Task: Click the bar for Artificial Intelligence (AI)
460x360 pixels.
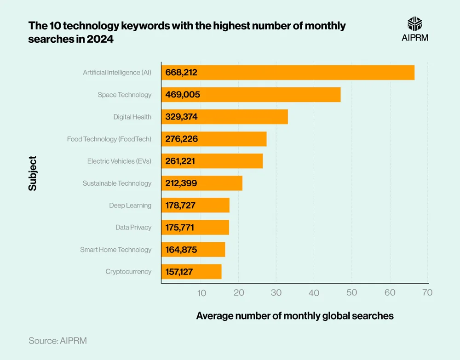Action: click(287, 73)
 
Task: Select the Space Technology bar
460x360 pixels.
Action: click(251, 95)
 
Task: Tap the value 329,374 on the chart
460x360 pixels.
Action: click(181, 117)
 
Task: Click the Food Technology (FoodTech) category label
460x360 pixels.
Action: click(109, 139)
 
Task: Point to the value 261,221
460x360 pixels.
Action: click(181, 161)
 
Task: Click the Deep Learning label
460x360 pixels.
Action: click(130, 206)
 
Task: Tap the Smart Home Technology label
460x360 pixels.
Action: click(115, 250)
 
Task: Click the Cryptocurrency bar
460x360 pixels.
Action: click(191, 272)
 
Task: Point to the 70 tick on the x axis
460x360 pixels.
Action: click(427, 292)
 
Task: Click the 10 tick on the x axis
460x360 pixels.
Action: click(201, 292)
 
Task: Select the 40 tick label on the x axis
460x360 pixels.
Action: click(314, 292)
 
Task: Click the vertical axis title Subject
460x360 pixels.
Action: click(32, 173)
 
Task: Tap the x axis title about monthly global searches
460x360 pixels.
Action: click(295, 316)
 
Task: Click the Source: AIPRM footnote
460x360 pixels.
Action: click(57, 341)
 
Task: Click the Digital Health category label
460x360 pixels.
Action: click(132, 117)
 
